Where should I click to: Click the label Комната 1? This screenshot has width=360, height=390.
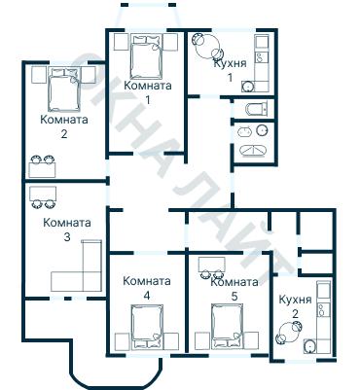tap(148, 92)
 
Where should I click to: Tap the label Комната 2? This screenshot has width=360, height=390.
tap(64, 126)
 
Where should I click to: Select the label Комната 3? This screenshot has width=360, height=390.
tap(67, 230)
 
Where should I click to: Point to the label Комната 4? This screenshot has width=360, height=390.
tap(147, 288)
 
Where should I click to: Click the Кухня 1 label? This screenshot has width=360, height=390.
tap(230, 70)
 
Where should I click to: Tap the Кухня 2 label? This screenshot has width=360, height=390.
tap(295, 306)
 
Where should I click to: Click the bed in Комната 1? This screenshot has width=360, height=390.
tap(146, 56)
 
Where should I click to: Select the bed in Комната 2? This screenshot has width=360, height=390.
tap(64, 89)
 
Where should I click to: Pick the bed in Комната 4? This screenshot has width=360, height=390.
tap(147, 327)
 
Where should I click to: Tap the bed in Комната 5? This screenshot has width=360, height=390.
tap(227, 327)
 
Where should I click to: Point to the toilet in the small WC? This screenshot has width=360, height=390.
tap(257, 109)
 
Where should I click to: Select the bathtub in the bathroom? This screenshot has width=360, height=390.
tap(253, 151)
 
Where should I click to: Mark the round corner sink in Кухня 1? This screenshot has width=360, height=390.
tap(248, 87)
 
